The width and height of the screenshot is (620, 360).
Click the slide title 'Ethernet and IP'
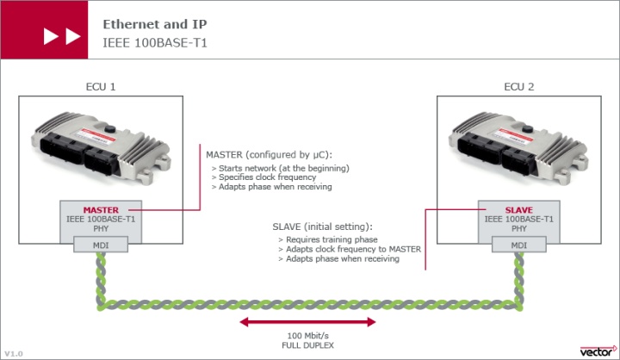(x=155, y=24)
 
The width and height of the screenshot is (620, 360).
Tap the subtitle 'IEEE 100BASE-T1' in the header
(x=155, y=43)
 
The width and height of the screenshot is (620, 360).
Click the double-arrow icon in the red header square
(x=62, y=36)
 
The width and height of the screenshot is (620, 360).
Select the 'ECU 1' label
(x=101, y=87)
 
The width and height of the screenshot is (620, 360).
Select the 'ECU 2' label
(x=518, y=87)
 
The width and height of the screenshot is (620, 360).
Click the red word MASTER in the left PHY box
(x=101, y=210)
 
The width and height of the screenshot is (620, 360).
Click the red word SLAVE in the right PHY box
(x=518, y=210)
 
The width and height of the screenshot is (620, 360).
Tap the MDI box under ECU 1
(x=101, y=245)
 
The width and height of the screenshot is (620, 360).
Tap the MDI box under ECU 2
(x=518, y=245)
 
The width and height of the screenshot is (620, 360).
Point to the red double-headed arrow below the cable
(x=307, y=322)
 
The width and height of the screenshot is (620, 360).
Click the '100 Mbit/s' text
(x=307, y=336)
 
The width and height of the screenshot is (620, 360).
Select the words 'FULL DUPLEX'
(x=307, y=345)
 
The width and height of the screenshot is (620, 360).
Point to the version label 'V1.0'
(x=14, y=354)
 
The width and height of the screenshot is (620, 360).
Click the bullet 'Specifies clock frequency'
(x=263, y=177)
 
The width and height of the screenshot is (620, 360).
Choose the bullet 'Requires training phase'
(x=328, y=239)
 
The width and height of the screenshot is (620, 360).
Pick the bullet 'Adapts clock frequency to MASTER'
(x=350, y=249)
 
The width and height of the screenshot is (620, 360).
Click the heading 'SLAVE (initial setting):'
(x=322, y=227)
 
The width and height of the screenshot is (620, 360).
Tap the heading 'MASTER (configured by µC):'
(x=270, y=155)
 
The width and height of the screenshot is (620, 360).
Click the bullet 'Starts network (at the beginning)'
(x=281, y=168)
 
